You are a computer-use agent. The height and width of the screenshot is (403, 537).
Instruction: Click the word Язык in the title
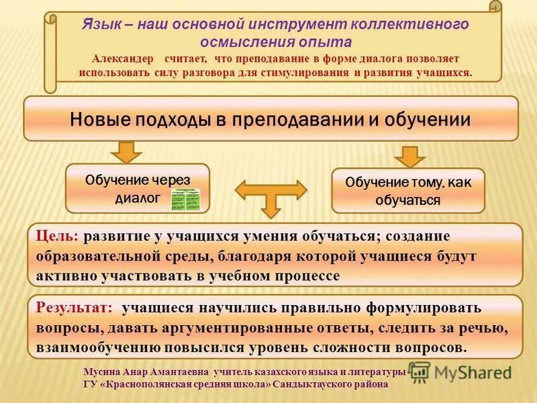click(101, 24)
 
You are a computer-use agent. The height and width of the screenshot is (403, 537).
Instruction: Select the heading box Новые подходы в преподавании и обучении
click(271, 119)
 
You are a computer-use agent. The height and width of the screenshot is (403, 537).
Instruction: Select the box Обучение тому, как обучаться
click(407, 191)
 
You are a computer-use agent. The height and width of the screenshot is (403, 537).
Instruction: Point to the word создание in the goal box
click(419, 236)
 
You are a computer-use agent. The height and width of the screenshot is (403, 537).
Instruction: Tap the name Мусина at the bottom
click(100, 372)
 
